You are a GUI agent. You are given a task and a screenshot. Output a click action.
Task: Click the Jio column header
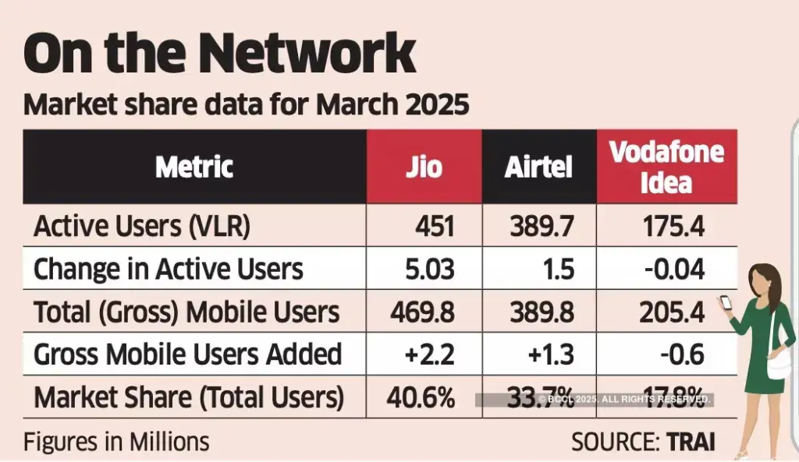tap(424, 167)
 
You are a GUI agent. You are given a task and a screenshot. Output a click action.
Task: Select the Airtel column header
tap(538, 167)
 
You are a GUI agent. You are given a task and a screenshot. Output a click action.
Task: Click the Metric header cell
tap(194, 167)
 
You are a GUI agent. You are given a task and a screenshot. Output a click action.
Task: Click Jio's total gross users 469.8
tap(421, 312)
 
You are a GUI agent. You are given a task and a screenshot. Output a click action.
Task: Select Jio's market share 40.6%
tap(421, 397)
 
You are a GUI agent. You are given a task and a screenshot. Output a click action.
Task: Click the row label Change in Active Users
tap(168, 269)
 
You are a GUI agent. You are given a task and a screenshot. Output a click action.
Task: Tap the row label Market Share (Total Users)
tap(188, 397)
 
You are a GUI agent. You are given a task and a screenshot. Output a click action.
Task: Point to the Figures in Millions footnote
tap(116, 442)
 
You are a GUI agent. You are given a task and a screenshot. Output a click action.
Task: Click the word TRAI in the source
tap(691, 442)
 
